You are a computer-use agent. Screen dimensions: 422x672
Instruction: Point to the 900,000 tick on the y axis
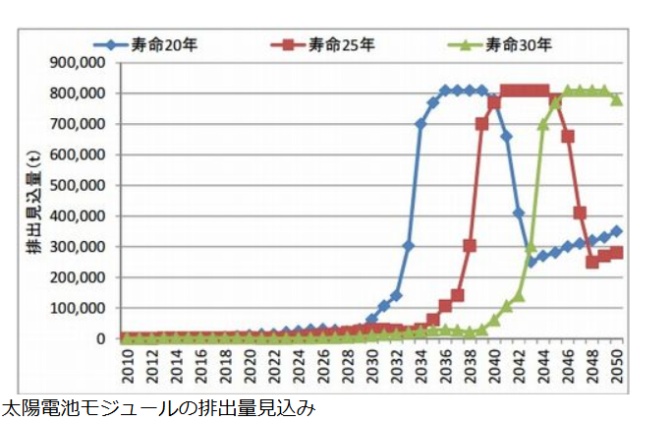(x=78, y=62)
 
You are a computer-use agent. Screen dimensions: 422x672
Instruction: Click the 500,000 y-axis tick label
(x=78, y=185)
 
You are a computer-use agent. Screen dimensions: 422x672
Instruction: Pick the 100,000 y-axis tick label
(x=78, y=308)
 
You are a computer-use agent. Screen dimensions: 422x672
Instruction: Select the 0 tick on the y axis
(x=101, y=338)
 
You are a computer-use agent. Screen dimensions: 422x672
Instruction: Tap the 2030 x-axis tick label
(x=370, y=367)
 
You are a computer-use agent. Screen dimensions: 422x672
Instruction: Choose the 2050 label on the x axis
(x=617, y=367)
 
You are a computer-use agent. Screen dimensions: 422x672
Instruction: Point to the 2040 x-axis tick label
(x=494, y=367)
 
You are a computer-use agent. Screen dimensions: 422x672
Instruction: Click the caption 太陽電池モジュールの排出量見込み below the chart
(x=157, y=407)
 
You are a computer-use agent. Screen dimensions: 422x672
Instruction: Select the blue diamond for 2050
(x=617, y=231)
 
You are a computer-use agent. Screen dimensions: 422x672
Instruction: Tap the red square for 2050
(x=617, y=253)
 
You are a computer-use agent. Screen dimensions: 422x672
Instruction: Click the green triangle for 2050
(x=617, y=99)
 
